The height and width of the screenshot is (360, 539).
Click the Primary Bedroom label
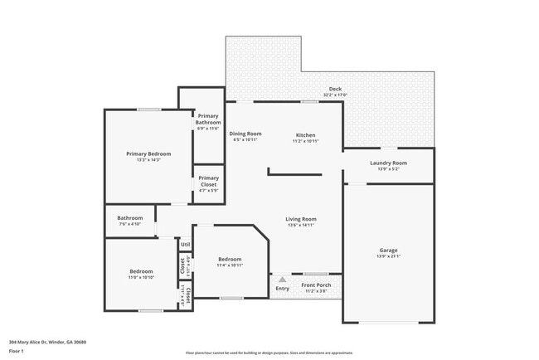[148, 153]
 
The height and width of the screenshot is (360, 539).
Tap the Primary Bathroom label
[208, 119]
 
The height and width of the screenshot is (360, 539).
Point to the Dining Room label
[245, 134]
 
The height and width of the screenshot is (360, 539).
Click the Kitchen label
[305, 134]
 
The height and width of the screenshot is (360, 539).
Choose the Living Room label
[302, 219]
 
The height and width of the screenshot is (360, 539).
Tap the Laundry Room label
[388, 163]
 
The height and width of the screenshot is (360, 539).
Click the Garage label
[388, 250]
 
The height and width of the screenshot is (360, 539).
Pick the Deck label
[335, 90]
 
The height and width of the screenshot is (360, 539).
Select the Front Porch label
[316, 285]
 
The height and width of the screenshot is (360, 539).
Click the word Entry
[283, 289]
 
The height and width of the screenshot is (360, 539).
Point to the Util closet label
[186, 245]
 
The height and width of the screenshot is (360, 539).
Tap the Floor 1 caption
[17, 351]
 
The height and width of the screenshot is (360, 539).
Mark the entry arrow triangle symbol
[282, 280]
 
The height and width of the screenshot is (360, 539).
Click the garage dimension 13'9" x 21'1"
[388, 256]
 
